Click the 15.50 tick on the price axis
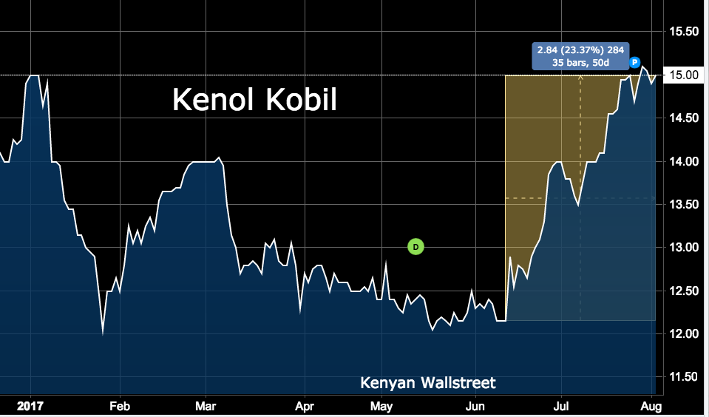click(x=684, y=32)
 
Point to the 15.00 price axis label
click(x=684, y=75)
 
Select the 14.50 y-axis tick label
click(x=684, y=118)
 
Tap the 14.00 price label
click(x=684, y=161)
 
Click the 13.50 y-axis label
click(x=684, y=204)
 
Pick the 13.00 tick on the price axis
click(x=684, y=248)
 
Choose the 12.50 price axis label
click(x=684, y=291)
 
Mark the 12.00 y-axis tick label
click(x=684, y=333)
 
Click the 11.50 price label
click(x=684, y=377)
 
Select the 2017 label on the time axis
click(x=31, y=406)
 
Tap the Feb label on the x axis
click(x=120, y=406)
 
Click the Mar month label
click(x=206, y=406)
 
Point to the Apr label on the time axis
click(x=303, y=406)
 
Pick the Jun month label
click(x=475, y=406)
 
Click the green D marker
click(x=415, y=246)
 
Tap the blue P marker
click(x=635, y=64)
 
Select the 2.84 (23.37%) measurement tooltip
click(x=580, y=56)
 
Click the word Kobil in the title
click(x=299, y=100)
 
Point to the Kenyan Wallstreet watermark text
click(x=428, y=382)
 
